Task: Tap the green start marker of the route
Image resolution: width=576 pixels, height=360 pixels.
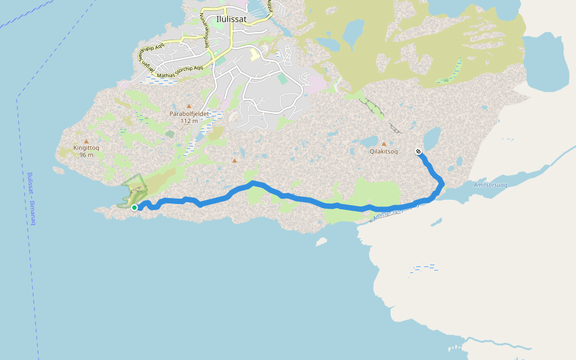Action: [134, 208]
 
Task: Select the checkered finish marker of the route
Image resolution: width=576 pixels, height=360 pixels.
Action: [418, 151]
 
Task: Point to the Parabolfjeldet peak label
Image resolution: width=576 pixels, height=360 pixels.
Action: [188, 113]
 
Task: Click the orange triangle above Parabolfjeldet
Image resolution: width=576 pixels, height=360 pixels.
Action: [188, 106]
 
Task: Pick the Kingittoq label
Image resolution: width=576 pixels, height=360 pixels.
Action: [86, 148]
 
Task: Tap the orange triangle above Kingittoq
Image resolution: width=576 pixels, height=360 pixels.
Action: [86, 141]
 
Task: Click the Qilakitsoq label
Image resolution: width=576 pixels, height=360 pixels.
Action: [384, 152]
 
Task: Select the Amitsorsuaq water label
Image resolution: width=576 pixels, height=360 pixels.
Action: [490, 185]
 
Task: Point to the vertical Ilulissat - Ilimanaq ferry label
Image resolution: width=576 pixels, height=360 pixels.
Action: [31, 199]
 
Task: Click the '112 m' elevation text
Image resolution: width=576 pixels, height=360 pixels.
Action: [188, 121]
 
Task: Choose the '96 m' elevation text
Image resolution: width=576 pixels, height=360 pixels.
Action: [86, 155]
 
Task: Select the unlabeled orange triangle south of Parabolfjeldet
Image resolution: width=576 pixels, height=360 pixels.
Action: [234, 160]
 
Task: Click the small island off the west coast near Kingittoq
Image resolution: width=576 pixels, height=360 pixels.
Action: [59, 170]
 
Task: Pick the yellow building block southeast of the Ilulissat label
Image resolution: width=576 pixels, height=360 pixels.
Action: [254, 55]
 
